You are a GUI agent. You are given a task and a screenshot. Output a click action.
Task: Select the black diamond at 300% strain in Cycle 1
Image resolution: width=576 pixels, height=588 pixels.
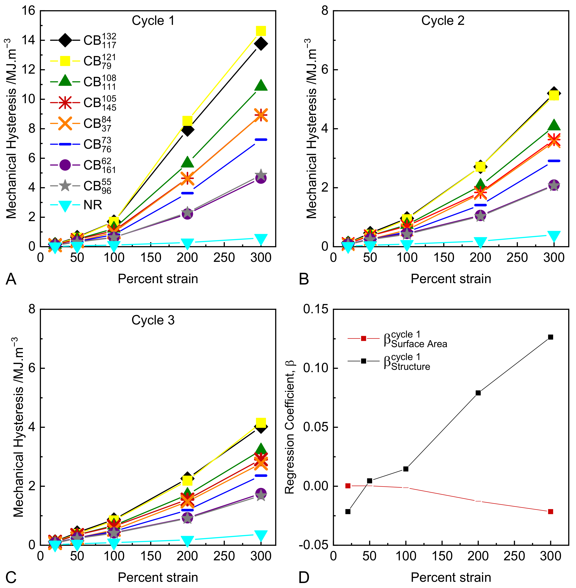[261, 44]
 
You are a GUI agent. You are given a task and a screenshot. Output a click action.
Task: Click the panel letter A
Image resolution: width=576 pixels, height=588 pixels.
[11, 279]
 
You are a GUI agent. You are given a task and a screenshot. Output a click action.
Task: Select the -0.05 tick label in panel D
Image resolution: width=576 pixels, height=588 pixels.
[313, 545]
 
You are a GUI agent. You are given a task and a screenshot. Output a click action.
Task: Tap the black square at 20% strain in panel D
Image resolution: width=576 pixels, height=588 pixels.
[348, 512]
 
